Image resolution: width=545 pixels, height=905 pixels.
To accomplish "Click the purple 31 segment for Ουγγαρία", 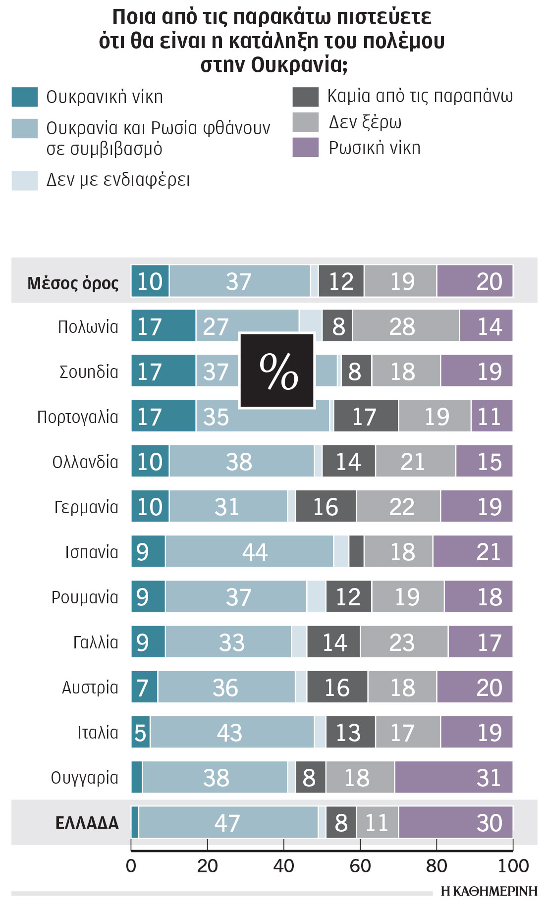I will (x=453, y=777).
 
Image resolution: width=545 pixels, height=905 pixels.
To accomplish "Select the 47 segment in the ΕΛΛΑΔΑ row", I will (x=228, y=822).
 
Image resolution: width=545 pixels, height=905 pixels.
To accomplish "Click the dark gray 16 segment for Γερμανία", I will (x=326, y=506).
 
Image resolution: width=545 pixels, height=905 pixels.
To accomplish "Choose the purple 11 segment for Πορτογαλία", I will (x=491, y=416).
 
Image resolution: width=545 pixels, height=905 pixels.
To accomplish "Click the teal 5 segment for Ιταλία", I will (x=140, y=732).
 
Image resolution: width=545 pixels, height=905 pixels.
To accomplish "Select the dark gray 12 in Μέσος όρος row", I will (x=341, y=281).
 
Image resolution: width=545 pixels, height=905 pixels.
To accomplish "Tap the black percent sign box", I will (x=277, y=371).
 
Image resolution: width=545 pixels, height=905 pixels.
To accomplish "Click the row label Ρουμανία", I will (x=85, y=597).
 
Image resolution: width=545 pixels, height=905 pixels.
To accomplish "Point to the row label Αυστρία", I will (x=90, y=687).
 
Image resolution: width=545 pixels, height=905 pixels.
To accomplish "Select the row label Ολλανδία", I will (x=85, y=462).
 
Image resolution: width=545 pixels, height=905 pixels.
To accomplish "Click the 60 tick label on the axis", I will (x=360, y=865).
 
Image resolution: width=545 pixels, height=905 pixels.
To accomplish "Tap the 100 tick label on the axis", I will (x=513, y=865).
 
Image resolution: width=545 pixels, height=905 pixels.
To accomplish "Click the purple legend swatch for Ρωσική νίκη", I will (x=305, y=148).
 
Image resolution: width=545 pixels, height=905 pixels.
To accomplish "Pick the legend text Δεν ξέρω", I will (x=365, y=122).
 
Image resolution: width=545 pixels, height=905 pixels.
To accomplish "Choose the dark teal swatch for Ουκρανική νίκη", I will (x=25, y=97).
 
